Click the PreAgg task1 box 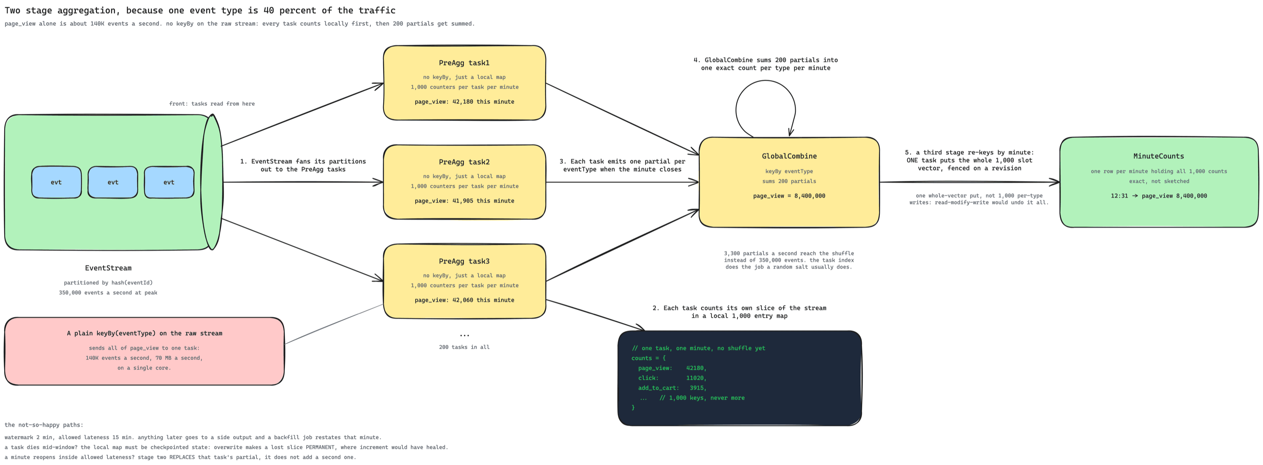464,83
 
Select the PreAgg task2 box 464,182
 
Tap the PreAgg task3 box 464,281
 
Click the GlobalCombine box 789,182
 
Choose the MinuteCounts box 1159,182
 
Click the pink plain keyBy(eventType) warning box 144,351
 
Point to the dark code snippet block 739,378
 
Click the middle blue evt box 113,182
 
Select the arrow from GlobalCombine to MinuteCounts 969,182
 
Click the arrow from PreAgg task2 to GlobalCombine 622,182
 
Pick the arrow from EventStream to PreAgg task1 303,114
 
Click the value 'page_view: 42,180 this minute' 464,102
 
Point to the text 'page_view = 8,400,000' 789,196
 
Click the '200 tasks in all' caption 464,347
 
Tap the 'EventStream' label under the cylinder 108,268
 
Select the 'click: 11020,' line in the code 672,378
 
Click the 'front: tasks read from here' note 212,104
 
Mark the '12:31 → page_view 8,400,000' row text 1159,196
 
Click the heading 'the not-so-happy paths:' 44,425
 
